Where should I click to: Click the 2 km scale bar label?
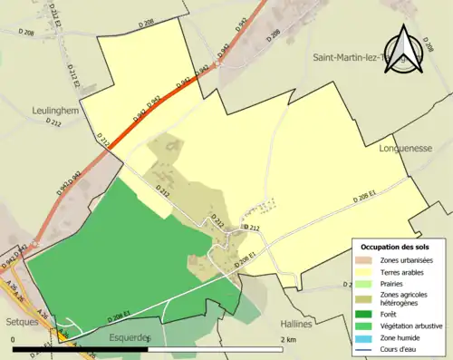coord(288,339)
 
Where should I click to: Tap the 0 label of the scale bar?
coord(14,339)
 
